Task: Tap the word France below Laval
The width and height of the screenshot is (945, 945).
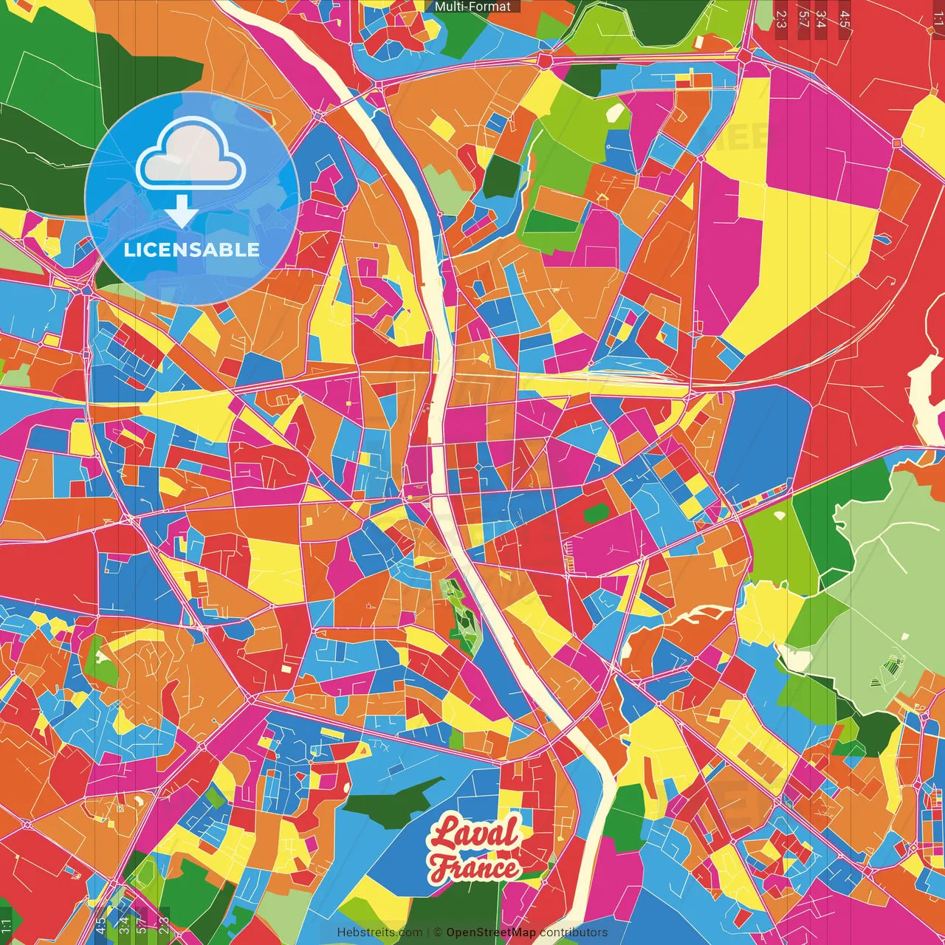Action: point(475,867)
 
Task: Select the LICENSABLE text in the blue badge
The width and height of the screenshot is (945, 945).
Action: point(192,250)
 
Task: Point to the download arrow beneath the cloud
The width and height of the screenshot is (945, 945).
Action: point(181,210)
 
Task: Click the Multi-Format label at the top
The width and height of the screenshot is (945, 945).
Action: point(472,7)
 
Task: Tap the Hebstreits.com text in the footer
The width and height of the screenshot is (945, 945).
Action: point(379,932)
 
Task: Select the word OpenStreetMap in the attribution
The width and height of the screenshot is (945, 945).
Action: point(491,932)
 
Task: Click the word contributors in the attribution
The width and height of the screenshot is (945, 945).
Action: point(574,932)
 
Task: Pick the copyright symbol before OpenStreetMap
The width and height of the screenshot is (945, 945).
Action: point(437,932)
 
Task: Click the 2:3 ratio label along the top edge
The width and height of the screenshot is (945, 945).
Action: point(781,18)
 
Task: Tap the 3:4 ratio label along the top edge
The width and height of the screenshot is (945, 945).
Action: point(821,18)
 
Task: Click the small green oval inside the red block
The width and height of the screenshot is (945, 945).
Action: point(597,512)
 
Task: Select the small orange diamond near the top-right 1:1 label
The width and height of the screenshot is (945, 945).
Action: point(898,142)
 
